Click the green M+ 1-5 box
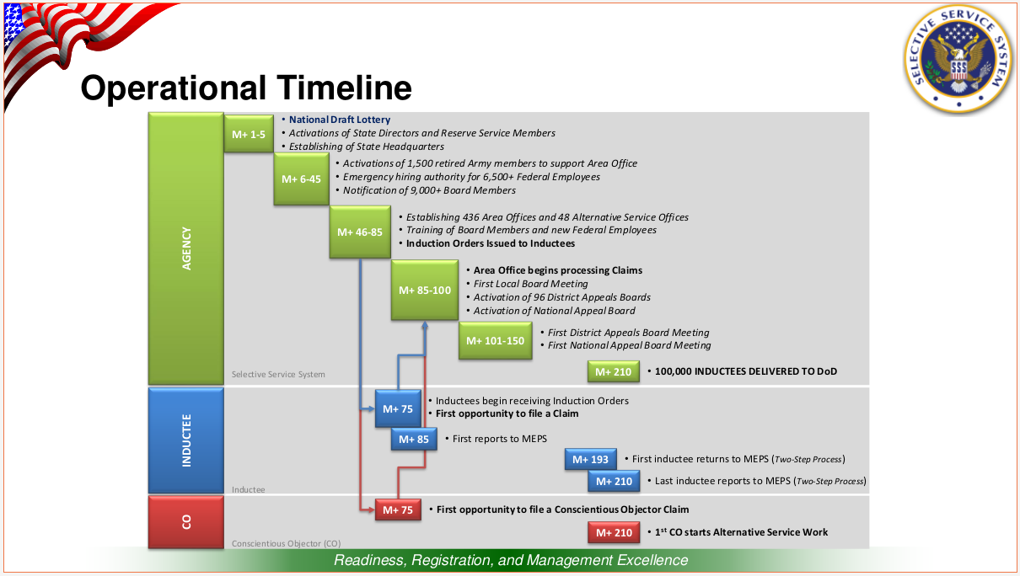pos(249,134)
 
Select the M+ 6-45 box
pos(301,179)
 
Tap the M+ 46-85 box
pos(360,232)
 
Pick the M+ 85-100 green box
pos(424,290)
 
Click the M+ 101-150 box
pos(495,340)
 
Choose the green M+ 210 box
pos(613,371)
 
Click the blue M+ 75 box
pos(398,408)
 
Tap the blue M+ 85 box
pos(413,439)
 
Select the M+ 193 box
pos(590,459)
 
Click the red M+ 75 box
pos(398,509)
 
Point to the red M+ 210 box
pos(614,532)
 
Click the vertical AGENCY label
pos(186,248)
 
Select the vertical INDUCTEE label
pos(186,440)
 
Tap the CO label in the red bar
pos(186,522)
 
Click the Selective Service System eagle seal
pos(959,58)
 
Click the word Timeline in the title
pos(344,88)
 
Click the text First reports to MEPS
pos(500,439)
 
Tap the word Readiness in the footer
pos(369,560)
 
